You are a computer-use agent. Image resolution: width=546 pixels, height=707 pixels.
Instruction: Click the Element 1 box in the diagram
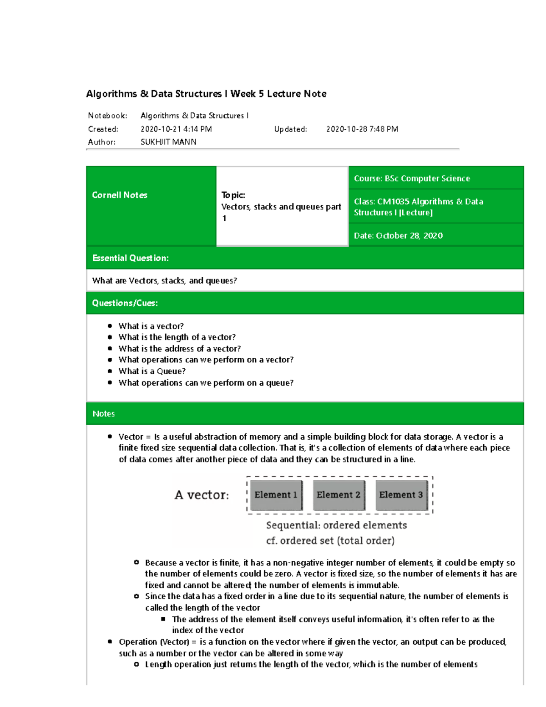coord(276,495)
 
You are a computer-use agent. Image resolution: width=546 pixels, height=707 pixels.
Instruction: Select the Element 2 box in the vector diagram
coord(339,495)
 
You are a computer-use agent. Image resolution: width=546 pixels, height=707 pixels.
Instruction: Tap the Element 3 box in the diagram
coord(401,495)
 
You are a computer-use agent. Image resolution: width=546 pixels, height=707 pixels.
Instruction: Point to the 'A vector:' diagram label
coord(202,495)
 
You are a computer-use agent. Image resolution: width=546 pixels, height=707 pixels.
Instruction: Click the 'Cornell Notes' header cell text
coord(120,195)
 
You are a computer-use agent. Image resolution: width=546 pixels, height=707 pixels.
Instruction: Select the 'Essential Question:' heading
coord(131,258)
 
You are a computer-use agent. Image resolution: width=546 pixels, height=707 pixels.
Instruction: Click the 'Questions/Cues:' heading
coord(125,303)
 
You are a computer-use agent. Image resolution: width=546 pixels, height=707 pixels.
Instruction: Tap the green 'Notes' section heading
coord(104,414)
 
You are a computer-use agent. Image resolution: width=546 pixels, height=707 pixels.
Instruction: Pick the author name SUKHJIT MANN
coord(168,142)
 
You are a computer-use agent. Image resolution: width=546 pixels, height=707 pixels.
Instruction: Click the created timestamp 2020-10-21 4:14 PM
coord(176,129)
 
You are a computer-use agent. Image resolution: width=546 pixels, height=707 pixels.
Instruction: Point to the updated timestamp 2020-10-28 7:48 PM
coord(362,129)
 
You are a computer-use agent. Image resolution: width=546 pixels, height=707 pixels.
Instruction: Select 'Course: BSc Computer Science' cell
coord(412,178)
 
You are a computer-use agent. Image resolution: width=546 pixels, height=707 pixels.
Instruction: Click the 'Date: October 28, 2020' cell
coord(398,236)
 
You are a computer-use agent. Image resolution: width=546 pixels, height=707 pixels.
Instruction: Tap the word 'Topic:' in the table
coord(233,195)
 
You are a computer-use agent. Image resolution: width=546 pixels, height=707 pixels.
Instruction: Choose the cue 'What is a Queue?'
coord(152,371)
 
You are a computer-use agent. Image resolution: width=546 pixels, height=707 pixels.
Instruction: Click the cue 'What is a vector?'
coord(151,326)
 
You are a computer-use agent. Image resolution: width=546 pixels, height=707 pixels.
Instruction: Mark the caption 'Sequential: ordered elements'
coord(336,525)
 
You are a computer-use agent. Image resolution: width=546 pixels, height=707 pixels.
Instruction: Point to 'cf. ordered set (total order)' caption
coord(330,541)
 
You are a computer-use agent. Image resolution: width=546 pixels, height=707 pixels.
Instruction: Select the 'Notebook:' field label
coord(107,116)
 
